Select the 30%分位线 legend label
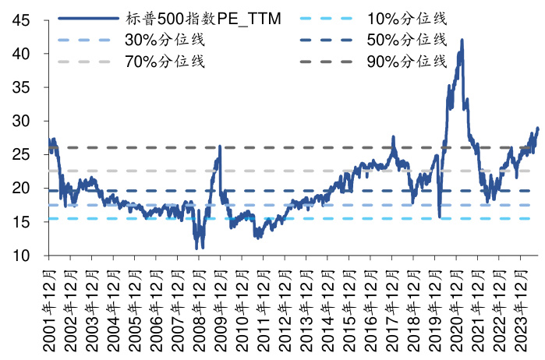(x=164, y=39)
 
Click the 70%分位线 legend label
(x=164, y=62)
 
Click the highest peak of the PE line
(x=462, y=40)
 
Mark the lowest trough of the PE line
(x=202, y=248)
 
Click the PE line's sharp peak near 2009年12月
(x=220, y=146)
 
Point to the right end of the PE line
(x=537, y=128)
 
